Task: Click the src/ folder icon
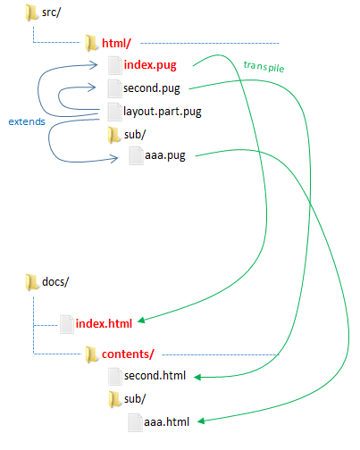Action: tap(31, 12)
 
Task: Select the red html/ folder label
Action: tap(116, 43)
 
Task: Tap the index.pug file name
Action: tap(150, 65)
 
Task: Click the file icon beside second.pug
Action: tap(115, 88)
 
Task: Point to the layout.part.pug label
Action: tap(163, 112)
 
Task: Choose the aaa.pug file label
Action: tap(165, 155)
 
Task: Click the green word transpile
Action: tap(264, 66)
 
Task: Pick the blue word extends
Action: tap(27, 121)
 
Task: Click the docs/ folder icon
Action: tap(31, 282)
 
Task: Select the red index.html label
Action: tap(104, 323)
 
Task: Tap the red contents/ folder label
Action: tap(128, 354)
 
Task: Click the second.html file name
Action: tap(155, 376)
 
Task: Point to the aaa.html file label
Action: tap(166, 422)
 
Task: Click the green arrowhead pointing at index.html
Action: tap(141, 320)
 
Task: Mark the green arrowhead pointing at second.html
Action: tap(197, 377)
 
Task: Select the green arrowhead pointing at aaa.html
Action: tap(201, 421)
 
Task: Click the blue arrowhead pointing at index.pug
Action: tap(94, 65)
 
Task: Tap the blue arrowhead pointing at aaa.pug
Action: tap(114, 159)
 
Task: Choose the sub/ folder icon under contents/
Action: tap(114, 399)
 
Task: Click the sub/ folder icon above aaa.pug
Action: tap(114, 135)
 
